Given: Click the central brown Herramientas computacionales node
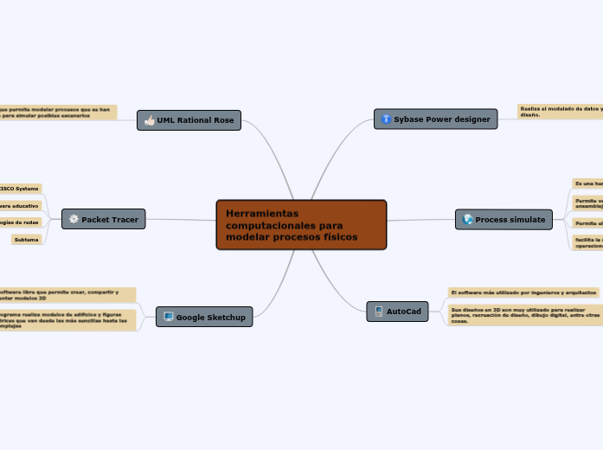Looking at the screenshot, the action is [301, 224].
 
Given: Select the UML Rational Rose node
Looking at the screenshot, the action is [189, 120].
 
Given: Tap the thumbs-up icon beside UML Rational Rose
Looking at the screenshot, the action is [150, 120].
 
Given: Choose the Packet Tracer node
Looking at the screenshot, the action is [103, 219].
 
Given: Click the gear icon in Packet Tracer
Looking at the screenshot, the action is [74, 219].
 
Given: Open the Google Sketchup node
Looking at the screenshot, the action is [204, 317].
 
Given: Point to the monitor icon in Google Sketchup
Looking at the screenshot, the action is [168, 317].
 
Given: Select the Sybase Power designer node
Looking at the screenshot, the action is [435, 119].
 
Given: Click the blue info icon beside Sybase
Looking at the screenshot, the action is [386, 119].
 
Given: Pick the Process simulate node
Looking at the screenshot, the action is [504, 220].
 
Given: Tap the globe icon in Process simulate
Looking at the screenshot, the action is [468, 220].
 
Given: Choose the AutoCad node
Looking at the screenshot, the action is [397, 311].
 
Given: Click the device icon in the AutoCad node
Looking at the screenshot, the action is [378, 311].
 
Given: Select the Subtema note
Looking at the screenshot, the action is [26, 239].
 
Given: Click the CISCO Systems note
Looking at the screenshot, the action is [19, 188].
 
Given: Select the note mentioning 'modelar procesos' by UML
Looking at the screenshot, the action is [57, 112].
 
